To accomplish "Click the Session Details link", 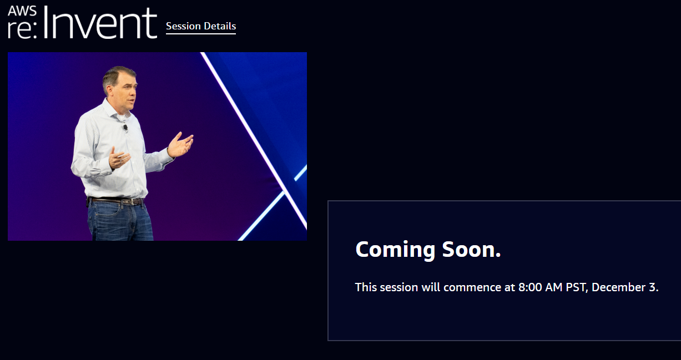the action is pos(201,26).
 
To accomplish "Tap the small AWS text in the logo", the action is pos(22,11).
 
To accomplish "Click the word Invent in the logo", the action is pos(100,23).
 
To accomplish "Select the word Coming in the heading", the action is pos(395,250).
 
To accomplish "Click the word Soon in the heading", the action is pos(471,250).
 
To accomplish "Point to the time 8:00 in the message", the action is pos(530,287).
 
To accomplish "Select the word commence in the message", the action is pos(472,287).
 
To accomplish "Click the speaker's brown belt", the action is pos(115,201).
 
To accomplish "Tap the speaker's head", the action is pos(119,86).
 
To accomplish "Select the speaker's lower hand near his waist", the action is pos(119,158).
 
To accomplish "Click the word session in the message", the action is pos(399,287).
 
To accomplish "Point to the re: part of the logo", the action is pos(22,30).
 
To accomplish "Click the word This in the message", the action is pos(366,287).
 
